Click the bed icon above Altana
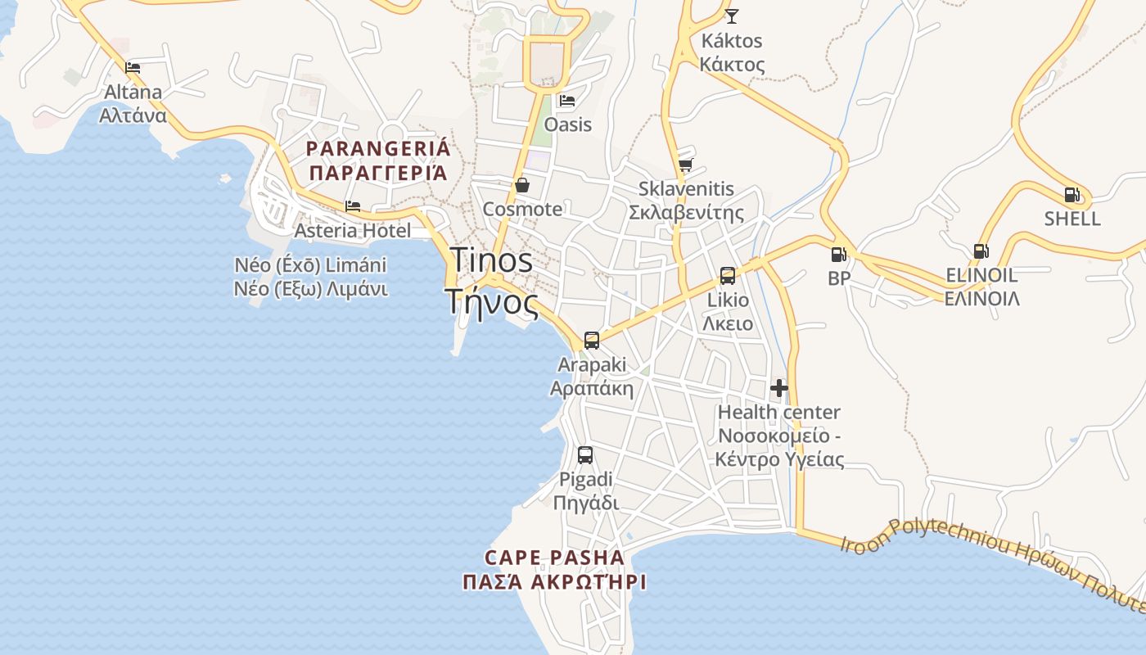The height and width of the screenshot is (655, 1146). tap(133, 67)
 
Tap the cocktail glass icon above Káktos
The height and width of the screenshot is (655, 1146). tap(731, 16)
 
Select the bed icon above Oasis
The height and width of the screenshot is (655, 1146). tap(566, 101)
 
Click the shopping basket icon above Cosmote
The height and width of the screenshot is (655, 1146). tap(521, 185)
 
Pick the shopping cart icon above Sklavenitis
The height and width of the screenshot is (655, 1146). tap(685, 165)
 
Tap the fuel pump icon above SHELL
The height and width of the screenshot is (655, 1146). tap(1072, 195)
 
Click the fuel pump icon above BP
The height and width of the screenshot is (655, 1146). tap(838, 255)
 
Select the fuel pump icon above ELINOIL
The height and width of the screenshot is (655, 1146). tap(981, 251)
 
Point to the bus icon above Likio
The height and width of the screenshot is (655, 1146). tap(728, 276)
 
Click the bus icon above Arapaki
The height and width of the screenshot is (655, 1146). tap(591, 341)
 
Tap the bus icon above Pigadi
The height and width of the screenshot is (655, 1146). tap(585, 455)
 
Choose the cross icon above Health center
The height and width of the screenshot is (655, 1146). tap(778, 388)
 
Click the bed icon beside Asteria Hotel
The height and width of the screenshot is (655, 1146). tap(353, 206)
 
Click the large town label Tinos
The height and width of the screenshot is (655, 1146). tap(492, 260)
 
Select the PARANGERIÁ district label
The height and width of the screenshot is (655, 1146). tap(378, 149)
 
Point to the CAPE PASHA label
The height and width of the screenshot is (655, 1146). tap(554, 558)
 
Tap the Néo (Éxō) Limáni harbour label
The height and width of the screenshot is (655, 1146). tap(310, 265)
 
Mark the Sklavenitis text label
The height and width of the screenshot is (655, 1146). tap(686, 189)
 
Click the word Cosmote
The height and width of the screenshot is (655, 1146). tap(522, 209)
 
